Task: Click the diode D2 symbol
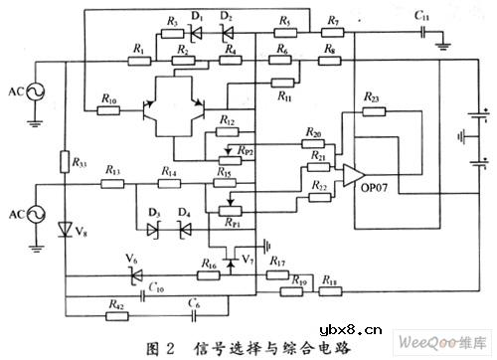click(x=228, y=32)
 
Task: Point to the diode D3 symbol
click(x=154, y=228)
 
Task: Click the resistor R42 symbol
click(x=117, y=316)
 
